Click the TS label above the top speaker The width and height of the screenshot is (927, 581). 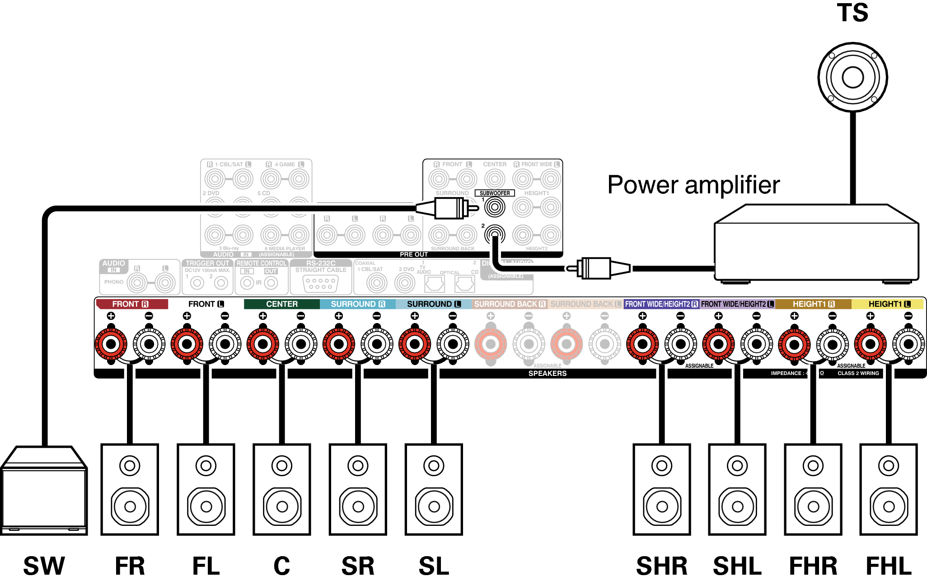tap(852, 13)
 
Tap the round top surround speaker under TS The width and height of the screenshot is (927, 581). tap(852, 77)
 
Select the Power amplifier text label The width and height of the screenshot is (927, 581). tap(693, 185)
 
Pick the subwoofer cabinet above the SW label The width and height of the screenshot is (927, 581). tap(44, 492)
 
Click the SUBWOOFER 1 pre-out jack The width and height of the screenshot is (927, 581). tap(494, 207)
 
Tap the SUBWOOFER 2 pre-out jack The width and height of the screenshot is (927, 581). tap(494, 234)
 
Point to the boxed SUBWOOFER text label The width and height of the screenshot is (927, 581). tap(495, 193)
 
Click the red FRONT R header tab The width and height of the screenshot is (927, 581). tap(131, 304)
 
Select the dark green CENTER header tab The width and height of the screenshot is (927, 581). tap(281, 304)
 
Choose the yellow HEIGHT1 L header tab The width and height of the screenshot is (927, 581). tap(888, 304)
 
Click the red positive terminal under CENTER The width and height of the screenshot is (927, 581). tap(262, 344)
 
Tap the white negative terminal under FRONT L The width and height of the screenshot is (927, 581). tap(225, 344)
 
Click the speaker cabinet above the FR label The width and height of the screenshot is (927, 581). tap(130, 490)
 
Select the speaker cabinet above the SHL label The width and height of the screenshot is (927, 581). tap(737, 490)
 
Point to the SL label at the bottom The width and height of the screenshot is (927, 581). tap(434, 566)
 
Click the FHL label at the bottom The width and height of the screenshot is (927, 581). tap(888, 566)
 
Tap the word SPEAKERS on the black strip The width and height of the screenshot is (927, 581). tap(547, 374)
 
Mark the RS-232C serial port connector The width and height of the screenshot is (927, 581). tap(320, 284)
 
